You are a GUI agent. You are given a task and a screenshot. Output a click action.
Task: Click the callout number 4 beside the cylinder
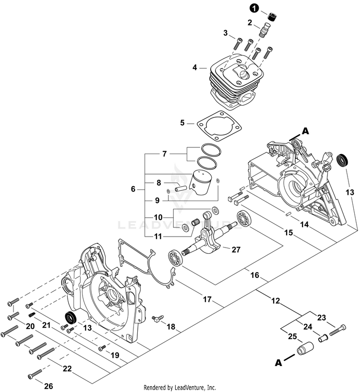coord(195,68)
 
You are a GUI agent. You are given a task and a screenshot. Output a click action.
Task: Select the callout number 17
coord(207,299)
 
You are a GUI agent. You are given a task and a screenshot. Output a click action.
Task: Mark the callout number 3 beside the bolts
coord(225,33)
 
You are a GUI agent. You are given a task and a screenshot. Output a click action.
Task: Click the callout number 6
coord(133,190)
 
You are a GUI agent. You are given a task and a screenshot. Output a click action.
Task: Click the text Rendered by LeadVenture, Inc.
coord(180,387)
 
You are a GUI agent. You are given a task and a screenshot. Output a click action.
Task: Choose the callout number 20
coord(30,327)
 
